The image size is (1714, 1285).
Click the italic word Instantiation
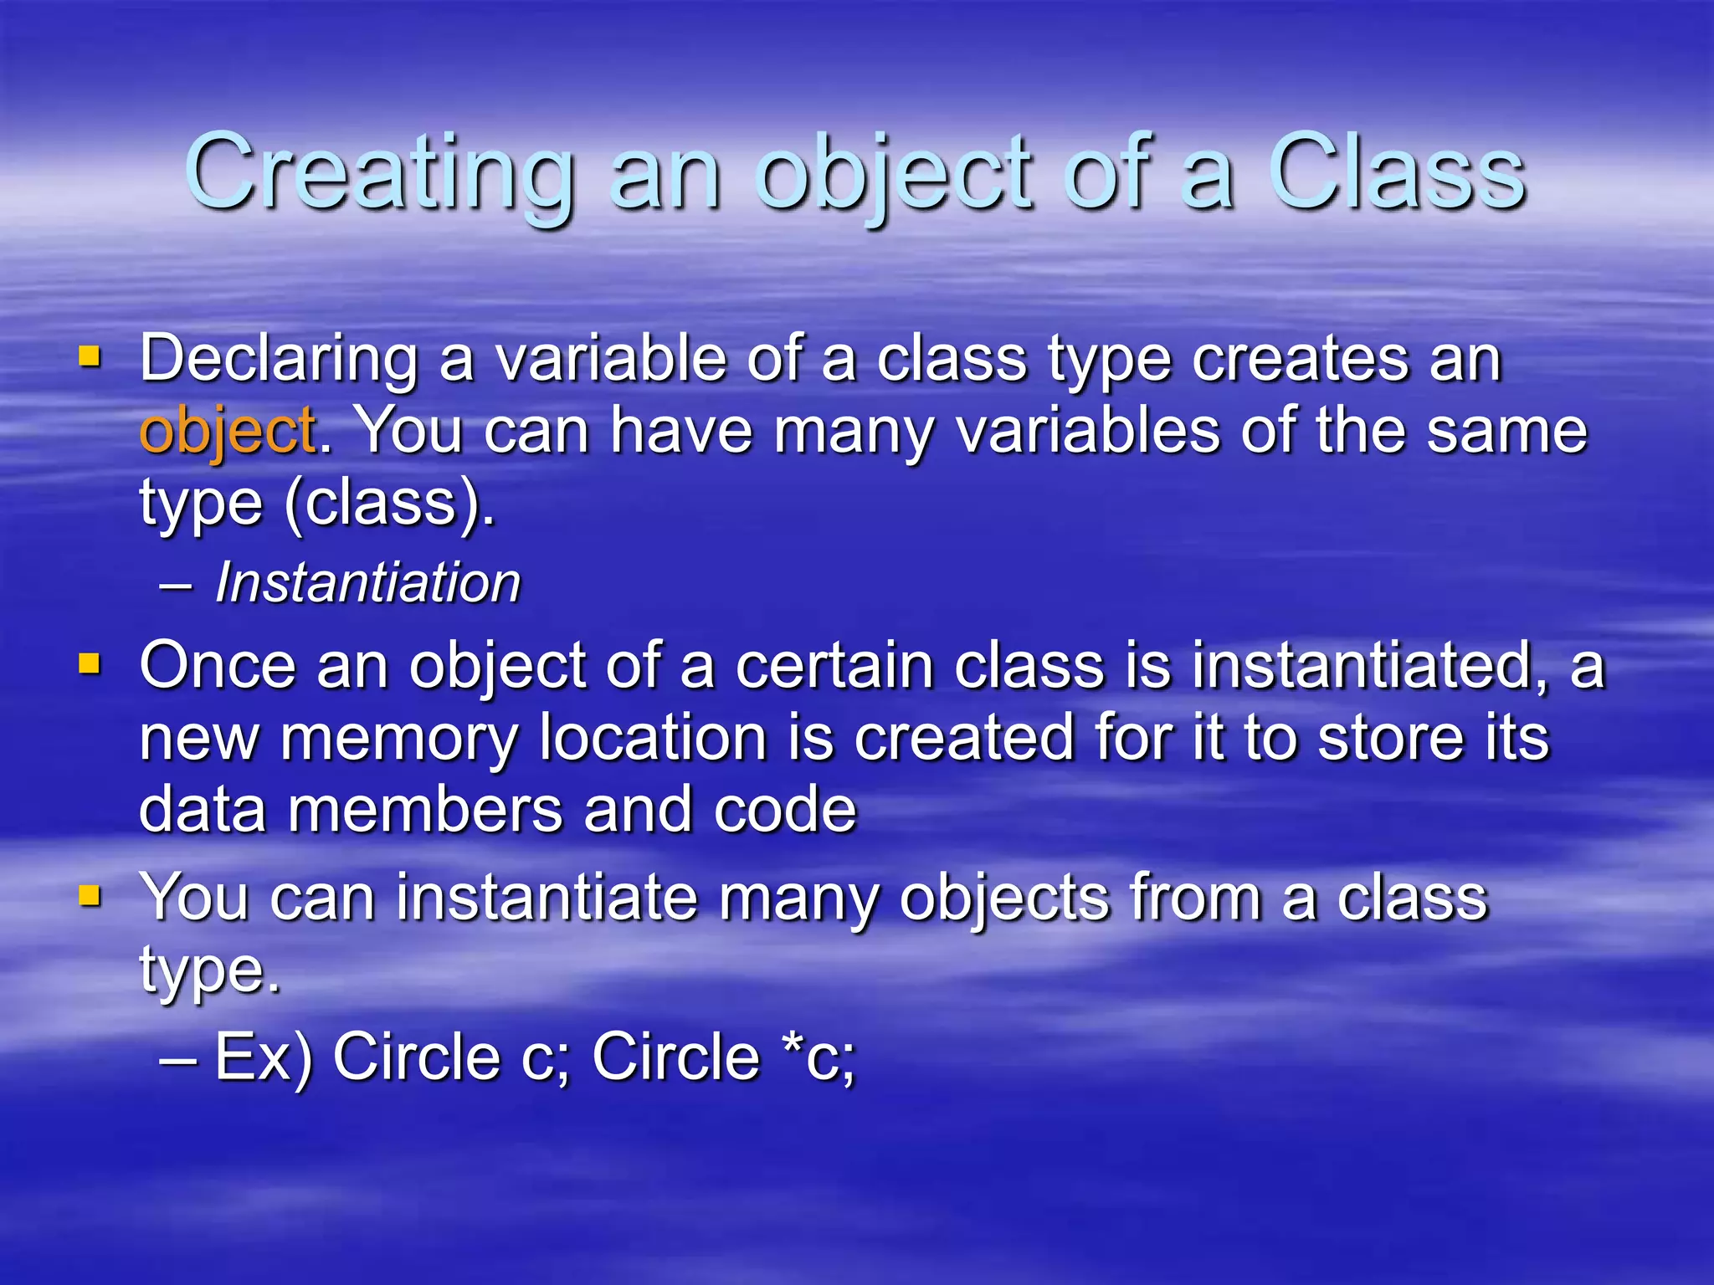(x=368, y=582)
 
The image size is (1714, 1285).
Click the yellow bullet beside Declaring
(x=90, y=358)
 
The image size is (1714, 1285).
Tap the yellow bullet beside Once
(x=90, y=665)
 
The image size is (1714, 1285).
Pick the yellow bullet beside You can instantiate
(x=90, y=897)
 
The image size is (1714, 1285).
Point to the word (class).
(x=390, y=504)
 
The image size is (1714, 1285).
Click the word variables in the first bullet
(x=1088, y=432)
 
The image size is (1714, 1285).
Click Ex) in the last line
(x=264, y=1058)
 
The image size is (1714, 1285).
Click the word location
(x=653, y=738)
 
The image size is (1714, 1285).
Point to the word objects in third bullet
(x=1004, y=898)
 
